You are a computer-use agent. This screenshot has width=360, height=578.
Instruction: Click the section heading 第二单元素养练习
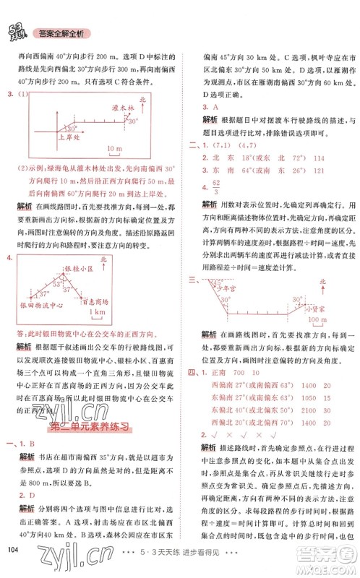(x=91, y=427)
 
